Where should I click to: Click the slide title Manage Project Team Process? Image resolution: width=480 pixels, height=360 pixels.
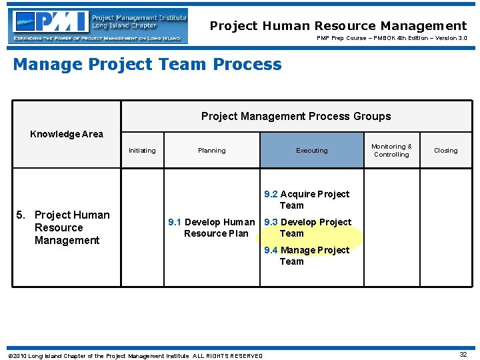[x=147, y=65]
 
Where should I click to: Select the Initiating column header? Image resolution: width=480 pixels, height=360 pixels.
[x=142, y=151]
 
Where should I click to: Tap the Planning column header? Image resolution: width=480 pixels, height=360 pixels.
[x=211, y=151]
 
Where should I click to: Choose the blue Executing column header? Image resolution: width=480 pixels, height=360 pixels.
[x=312, y=151]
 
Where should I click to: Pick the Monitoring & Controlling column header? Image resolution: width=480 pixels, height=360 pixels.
[x=391, y=151]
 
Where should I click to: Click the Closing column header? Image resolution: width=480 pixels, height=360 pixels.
[x=446, y=151]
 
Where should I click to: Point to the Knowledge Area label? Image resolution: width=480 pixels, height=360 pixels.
[x=67, y=134]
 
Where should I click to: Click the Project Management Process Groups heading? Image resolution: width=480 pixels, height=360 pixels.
[x=296, y=117]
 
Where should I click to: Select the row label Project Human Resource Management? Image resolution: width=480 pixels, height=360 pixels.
[x=67, y=227]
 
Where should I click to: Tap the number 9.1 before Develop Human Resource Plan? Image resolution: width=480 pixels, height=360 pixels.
[x=175, y=222]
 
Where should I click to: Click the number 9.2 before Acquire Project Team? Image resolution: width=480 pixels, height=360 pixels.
[x=271, y=194]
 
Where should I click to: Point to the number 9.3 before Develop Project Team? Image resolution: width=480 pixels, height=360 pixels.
[x=271, y=222]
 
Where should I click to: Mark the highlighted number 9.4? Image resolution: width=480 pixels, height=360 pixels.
[x=271, y=250]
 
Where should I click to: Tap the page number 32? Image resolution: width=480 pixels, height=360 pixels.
[x=463, y=355]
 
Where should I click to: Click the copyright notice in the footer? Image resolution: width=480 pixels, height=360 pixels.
[x=135, y=356]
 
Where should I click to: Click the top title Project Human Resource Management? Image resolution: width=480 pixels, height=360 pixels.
[x=338, y=26]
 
